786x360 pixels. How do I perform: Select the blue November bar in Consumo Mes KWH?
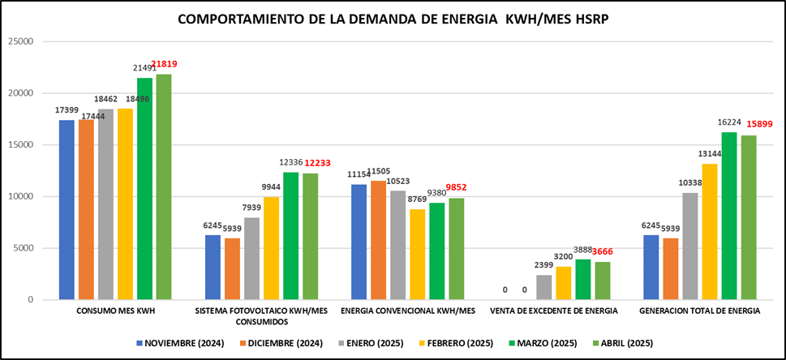pos(67,210)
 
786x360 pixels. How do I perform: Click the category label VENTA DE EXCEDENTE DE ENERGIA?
pos(554,311)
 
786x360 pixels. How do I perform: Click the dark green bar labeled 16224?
pos(729,216)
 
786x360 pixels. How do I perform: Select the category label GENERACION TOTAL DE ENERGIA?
pos(700,311)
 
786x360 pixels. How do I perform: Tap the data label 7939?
pos(251,209)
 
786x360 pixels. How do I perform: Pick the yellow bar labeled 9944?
pos(271,248)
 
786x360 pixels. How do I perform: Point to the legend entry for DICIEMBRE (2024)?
pos(277,343)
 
